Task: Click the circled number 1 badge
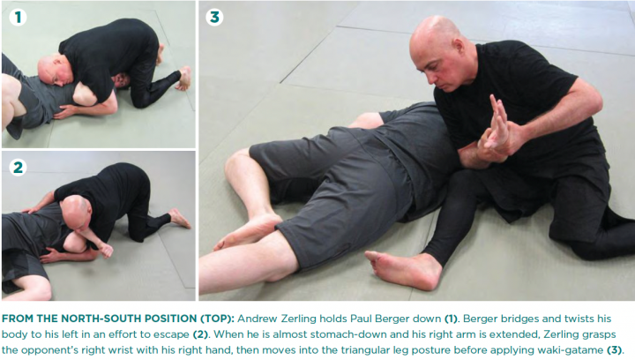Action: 18,18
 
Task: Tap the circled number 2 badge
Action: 18,168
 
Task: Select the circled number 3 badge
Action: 214,18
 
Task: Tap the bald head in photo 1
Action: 56,70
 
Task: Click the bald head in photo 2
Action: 76,214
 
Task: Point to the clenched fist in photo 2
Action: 106,251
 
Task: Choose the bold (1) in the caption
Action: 452,319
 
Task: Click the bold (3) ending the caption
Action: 614,350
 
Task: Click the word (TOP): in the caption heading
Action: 218,319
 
